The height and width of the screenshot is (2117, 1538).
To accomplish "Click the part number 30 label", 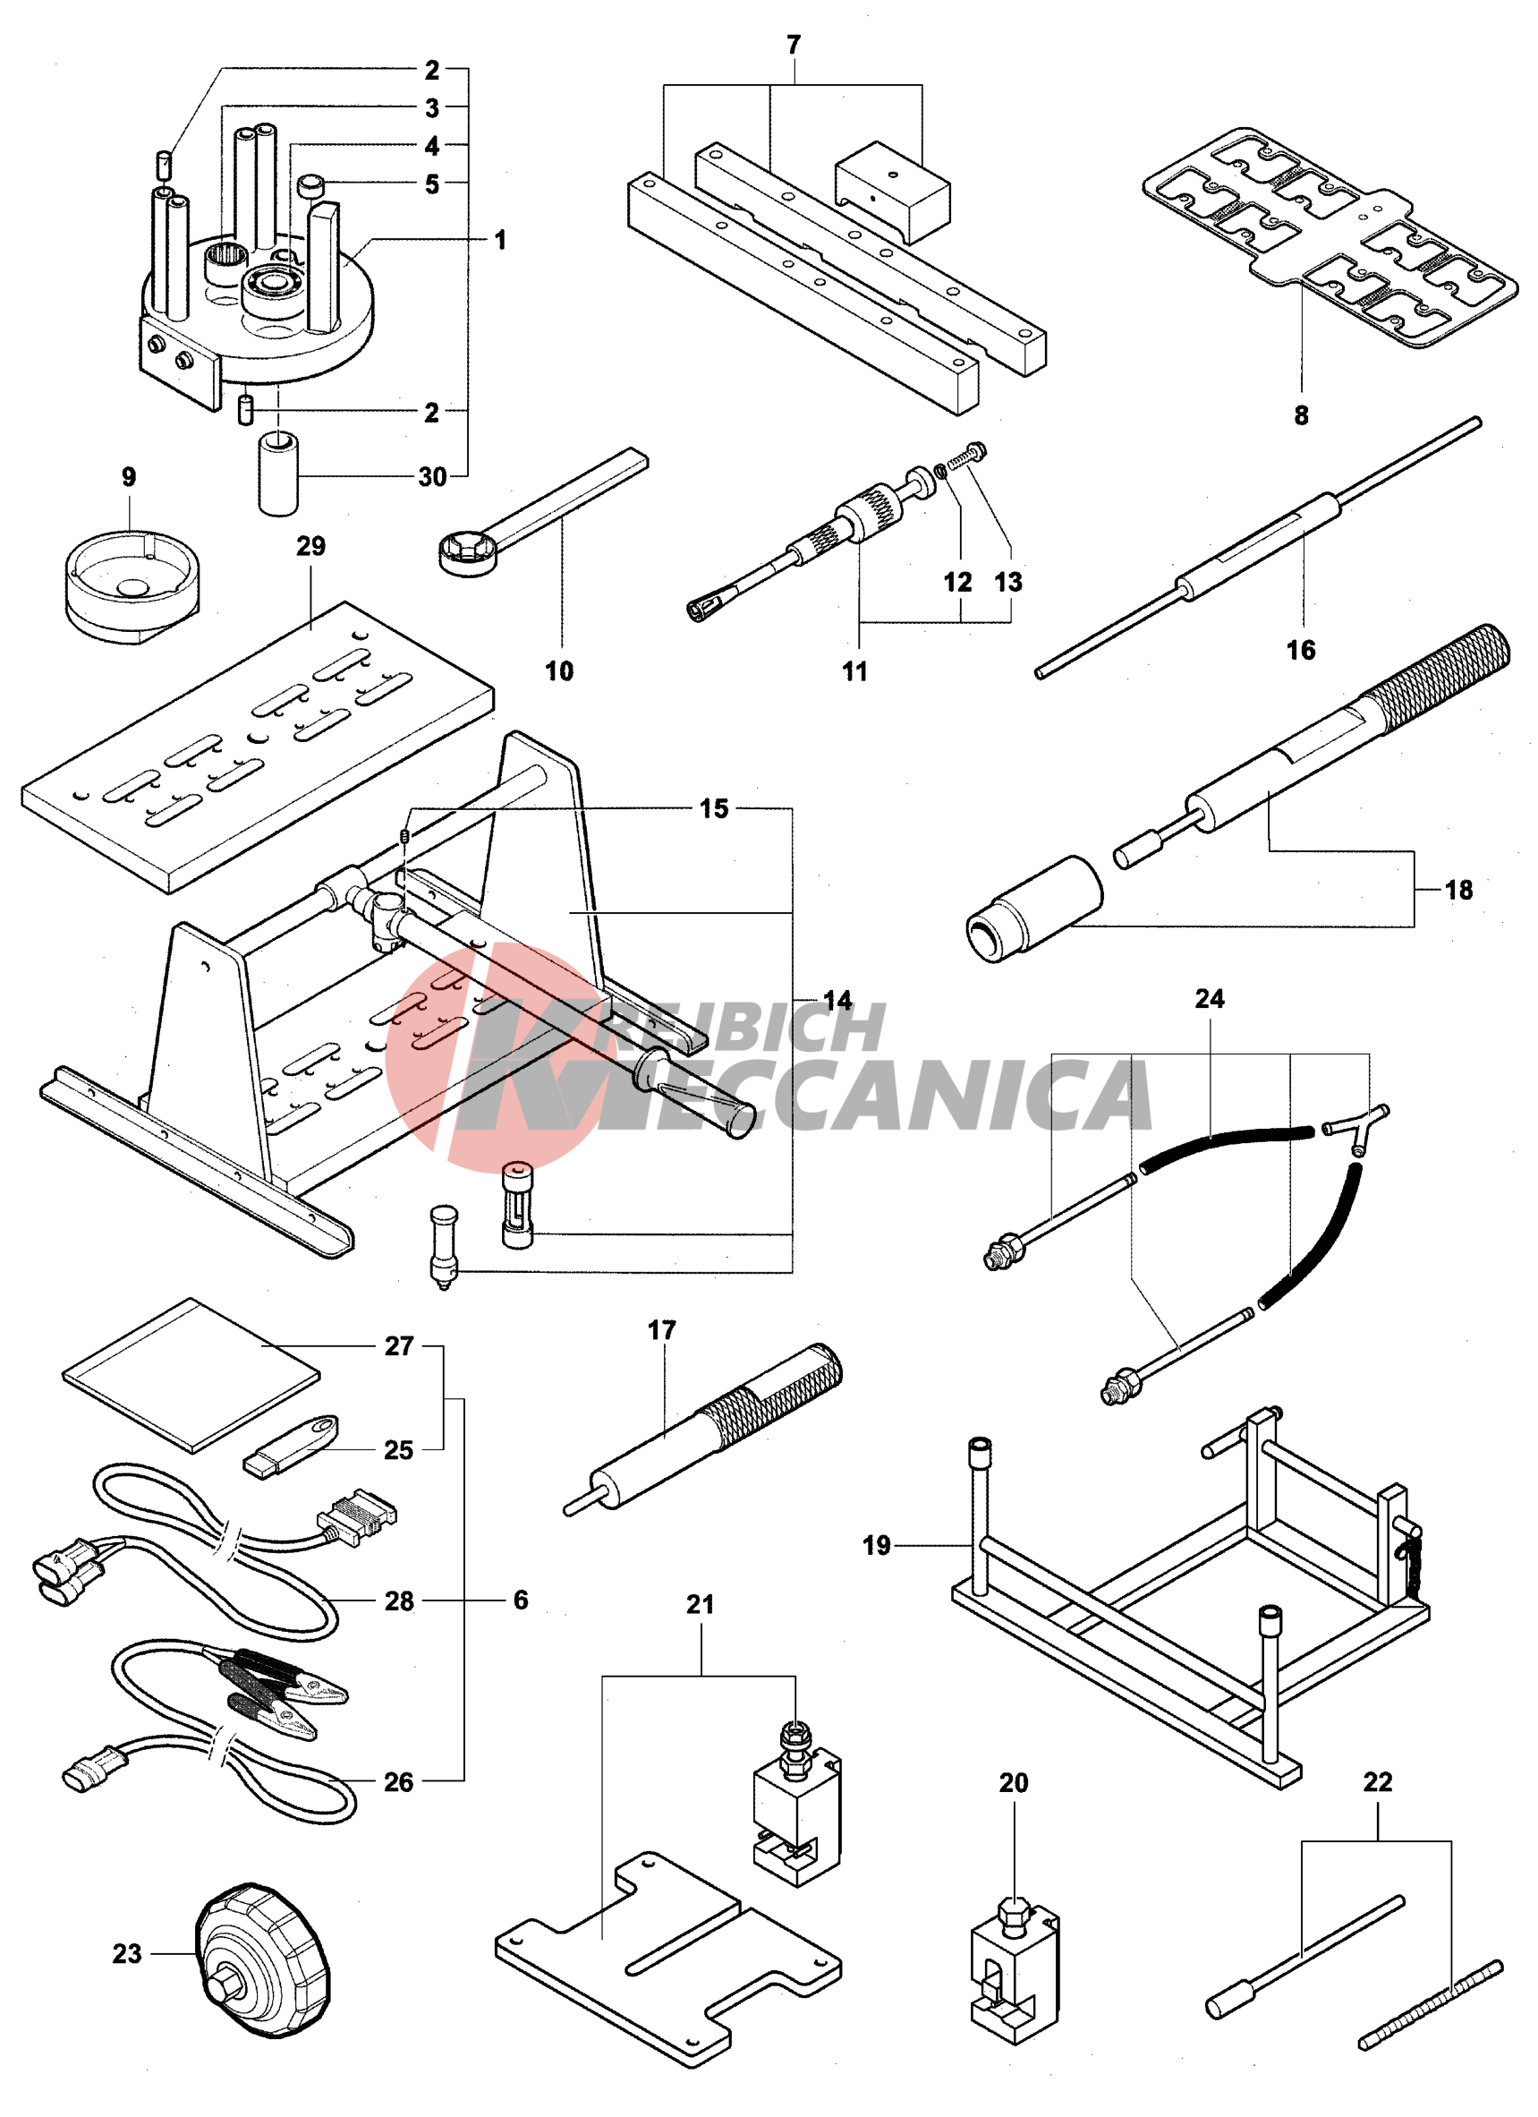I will [x=431, y=477].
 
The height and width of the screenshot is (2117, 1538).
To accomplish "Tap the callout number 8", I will [x=1301, y=415].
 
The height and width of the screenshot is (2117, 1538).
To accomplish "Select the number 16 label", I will [x=1300, y=650].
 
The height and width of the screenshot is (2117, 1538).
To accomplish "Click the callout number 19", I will [x=876, y=1546].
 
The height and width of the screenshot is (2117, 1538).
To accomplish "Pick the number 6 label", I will [x=521, y=1600].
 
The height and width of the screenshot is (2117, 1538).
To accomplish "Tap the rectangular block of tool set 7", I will [x=892, y=192].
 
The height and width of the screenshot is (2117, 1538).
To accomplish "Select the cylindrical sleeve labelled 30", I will [x=278, y=472].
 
